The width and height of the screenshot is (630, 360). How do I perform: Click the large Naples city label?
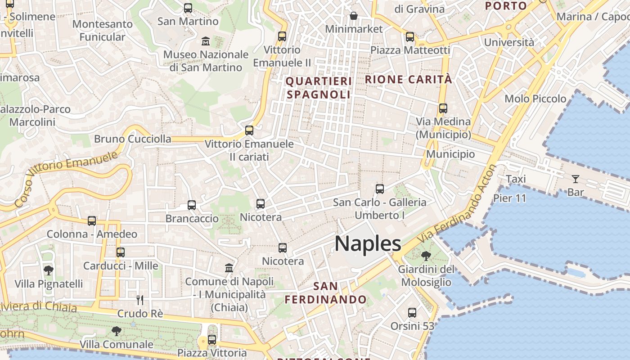click(368, 243)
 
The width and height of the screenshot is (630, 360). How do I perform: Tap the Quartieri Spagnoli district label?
click(319, 88)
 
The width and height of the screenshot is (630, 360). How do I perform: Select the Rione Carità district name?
click(408, 79)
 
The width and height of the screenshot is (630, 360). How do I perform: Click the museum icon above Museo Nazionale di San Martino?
click(206, 41)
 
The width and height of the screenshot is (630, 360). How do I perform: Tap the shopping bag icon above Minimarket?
click(354, 16)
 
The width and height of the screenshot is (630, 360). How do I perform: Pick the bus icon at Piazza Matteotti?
click(409, 37)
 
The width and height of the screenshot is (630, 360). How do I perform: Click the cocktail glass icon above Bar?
click(575, 179)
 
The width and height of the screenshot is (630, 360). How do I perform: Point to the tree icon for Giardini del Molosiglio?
click(426, 256)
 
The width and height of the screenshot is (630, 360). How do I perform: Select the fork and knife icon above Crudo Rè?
click(140, 300)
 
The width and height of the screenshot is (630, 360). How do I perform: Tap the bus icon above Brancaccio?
click(192, 205)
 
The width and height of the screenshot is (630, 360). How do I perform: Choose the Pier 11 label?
click(509, 198)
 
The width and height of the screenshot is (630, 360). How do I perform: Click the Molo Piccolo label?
click(535, 99)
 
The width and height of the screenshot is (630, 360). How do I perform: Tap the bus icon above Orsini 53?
click(412, 313)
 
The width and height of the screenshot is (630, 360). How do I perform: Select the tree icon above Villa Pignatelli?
click(49, 270)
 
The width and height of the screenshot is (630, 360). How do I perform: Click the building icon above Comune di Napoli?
click(229, 268)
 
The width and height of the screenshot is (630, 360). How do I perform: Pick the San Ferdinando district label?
click(326, 292)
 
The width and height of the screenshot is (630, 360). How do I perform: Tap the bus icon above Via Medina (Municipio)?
click(443, 108)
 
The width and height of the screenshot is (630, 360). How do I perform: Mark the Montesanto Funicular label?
click(102, 30)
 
